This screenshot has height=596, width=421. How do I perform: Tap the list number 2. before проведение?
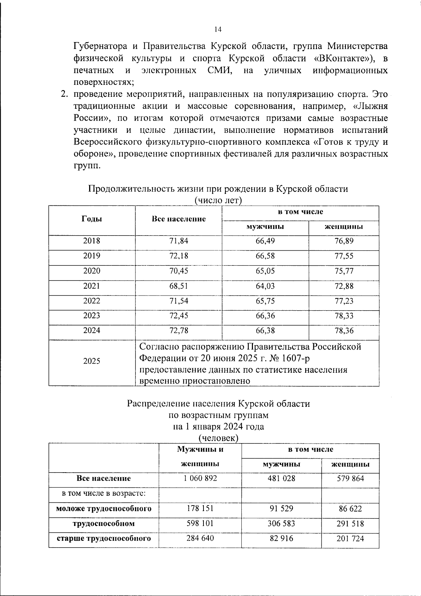pyautogui.click(x=64, y=94)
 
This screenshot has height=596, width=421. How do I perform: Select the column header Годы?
pyautogui.click(x=92, y=219)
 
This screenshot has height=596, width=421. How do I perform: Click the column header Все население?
pyautogui.click(x=179, y=219)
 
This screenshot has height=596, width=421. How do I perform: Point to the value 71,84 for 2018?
pyautogui.click(x=179, y=241)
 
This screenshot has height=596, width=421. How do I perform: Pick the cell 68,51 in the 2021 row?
pyautogui.click(x=179, y=286)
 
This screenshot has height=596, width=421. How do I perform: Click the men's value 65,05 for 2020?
pyautogui.click(x=265, y=271)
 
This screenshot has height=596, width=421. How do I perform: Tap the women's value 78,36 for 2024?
pyautogui.click(x=344, y=331)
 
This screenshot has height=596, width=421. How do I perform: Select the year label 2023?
pyautogui.click(x=92, y=316)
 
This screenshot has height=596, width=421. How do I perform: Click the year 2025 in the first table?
pyautogui.click(x=92, y=361)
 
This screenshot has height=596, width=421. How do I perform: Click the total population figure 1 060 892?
pyautogui.click(x=200, y=478)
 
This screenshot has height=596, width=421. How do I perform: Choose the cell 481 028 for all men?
pyautogui.click(x=281, y=478)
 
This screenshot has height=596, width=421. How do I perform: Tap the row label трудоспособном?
pyautogui.click(x=103, y=524)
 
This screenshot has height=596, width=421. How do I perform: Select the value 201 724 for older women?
pyautogui.click(x=350, y=539)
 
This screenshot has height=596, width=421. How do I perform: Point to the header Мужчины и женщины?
pyautogui.click(x=200, y=456)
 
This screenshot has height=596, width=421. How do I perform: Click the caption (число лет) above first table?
pyautogui.click(x=218, y=201)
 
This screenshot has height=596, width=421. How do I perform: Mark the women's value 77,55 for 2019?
pyautogui.click(x=344, y=256)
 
